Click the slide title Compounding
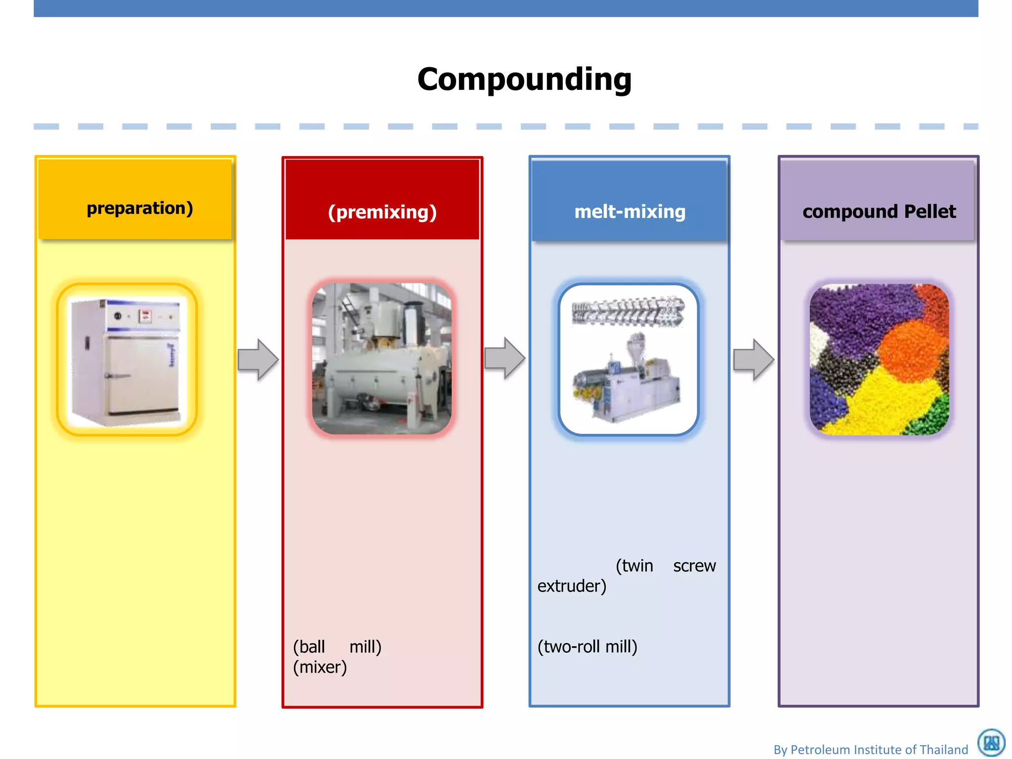[x=524, y=80]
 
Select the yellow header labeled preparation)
[x=140, y=208]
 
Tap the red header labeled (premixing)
[x=382, y=212]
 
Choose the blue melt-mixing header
[x=630, y=211]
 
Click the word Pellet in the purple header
[x=930, y=211]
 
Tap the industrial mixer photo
[x=381, y=359]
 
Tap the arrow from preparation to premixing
[x=258, y=360]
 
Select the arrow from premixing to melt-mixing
[x=505, y=358]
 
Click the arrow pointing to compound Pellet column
[x=753, y=360]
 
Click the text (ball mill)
[x=337, y=647]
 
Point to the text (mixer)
[x=320, y=667]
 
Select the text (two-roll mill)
[x=587, y=647]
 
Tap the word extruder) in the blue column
[x=572, y=586]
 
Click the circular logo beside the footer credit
[x=991, y=742]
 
